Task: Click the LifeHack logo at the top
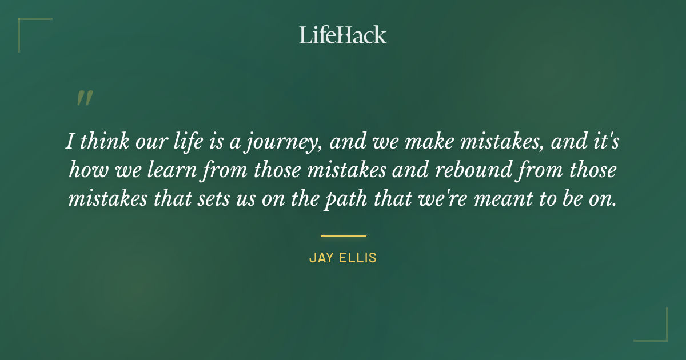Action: (x=342, y=35)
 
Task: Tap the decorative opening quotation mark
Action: (x=84, y=98)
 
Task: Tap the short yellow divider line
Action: (x=343, y=235)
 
